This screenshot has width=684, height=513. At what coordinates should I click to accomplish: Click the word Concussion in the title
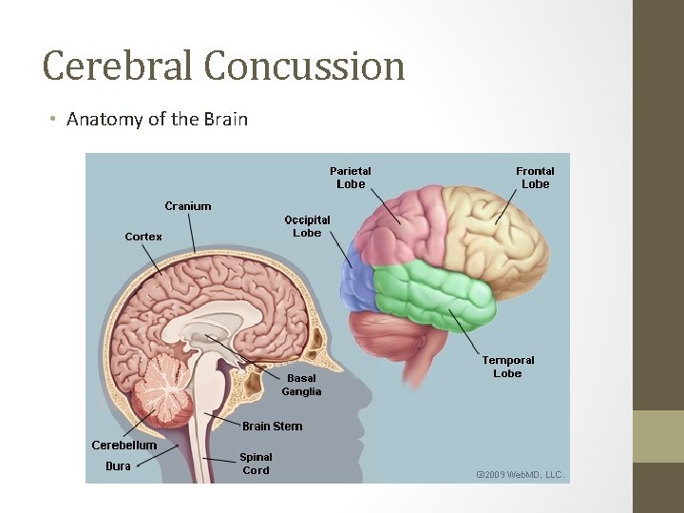[304, 66]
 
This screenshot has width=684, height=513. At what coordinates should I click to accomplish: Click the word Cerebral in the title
[118, 66]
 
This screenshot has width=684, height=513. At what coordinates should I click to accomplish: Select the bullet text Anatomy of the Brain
[157, 120]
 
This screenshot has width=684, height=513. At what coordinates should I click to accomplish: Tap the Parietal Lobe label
[350, 178]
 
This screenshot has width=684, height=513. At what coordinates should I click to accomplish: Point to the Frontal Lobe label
[535, 178]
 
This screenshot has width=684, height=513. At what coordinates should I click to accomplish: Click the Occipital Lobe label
[307, 225]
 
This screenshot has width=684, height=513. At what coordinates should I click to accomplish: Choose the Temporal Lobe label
[507, 367]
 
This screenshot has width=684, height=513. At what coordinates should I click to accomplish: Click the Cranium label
[188, 206]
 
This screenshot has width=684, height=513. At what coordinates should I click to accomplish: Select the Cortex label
[143, 237]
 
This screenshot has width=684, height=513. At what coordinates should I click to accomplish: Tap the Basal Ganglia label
[301, 385]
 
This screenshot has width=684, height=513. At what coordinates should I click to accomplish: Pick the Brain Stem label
[272, 427]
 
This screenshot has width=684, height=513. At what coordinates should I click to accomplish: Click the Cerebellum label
[124, 445]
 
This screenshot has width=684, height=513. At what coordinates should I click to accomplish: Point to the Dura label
[118, 465]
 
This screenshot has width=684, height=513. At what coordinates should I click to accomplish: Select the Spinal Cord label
[256, 464]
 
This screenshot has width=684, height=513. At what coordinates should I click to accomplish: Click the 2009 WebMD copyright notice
[520, 473]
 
